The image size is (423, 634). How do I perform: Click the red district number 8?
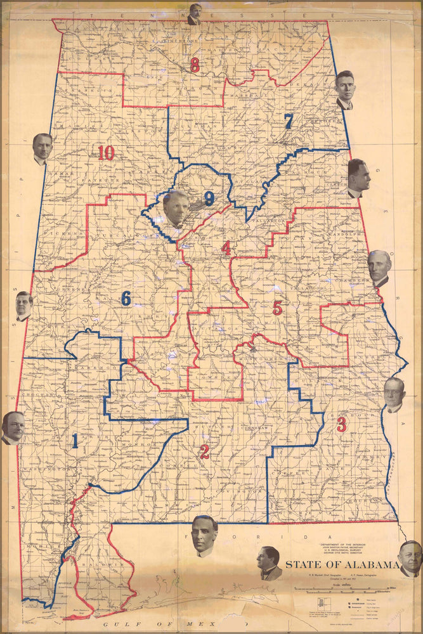point(195,64)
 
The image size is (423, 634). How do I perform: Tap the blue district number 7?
point(289,121)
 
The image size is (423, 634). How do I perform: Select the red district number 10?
point(106,152)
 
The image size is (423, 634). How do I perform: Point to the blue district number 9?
point(209,199)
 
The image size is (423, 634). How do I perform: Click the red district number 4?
point(226,248)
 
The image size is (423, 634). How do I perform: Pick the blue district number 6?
point(126,298)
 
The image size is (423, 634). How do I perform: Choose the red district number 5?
point(277,308)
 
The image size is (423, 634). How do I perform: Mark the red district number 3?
point(341,424)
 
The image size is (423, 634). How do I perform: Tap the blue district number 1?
point(75,441)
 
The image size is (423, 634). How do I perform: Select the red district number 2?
point(204,452)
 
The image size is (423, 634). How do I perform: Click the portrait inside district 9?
point(176,208)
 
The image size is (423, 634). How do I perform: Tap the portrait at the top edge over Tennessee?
point(195,14)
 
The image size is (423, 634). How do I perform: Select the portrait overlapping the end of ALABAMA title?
point(410,558)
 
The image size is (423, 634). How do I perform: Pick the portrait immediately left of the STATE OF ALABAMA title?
point(269,563)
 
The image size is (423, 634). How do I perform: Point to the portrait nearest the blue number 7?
point(346,89)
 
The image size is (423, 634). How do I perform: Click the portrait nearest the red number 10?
point(42,148)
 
